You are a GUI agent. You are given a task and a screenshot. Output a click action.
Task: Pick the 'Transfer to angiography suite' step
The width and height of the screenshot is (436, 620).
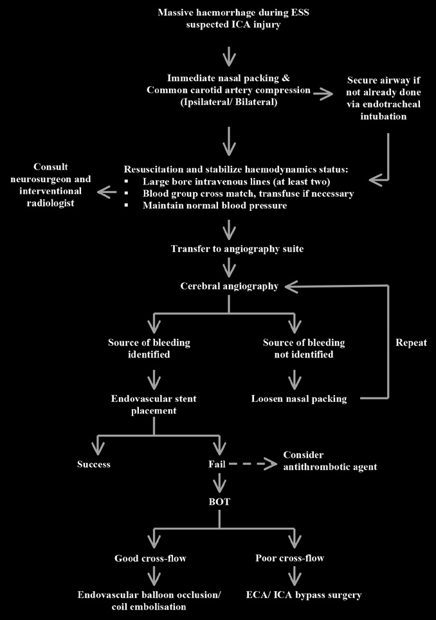[x=228, y=249]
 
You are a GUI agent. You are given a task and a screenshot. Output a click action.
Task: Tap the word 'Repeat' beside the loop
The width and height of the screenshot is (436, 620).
[x=411, y=343]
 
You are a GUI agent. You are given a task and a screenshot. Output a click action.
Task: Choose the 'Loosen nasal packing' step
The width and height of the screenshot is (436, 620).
[x=299, y=399]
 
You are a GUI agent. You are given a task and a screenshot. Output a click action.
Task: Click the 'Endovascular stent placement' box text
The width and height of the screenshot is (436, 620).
[x=154, y=405]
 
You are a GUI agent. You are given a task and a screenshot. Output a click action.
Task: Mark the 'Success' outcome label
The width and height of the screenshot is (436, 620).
[x=94, y=464]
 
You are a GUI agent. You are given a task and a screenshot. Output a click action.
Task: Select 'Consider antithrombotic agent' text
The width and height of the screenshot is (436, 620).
[x=330, y=460]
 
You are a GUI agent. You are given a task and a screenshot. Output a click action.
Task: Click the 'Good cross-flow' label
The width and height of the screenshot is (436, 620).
[x=150, y=558]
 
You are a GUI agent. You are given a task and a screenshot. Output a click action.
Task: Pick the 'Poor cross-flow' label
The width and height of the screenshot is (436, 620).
[x=289, y=558]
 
